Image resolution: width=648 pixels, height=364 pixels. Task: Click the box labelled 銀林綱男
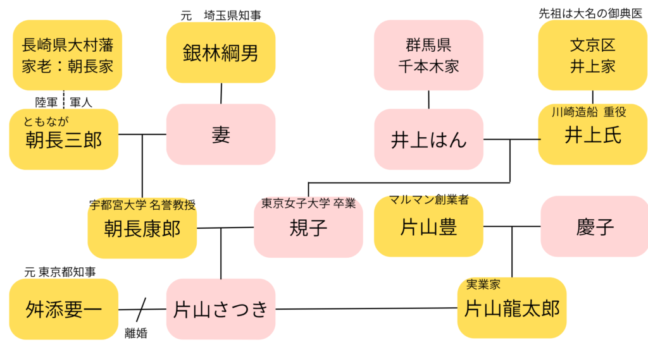tap(220, 52)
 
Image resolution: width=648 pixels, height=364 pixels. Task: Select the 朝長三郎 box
tap(63, 139)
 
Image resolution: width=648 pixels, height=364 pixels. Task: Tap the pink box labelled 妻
tap(220, 135)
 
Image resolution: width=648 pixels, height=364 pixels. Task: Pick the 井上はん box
tap(428, 140)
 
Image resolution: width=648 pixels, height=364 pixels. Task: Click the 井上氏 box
tap(592, 135)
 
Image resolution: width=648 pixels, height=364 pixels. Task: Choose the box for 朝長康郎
tap(142, 228)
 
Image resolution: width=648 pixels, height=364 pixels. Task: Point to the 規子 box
tap(308, 228)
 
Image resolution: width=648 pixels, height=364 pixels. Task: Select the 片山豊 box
tap(428, 227)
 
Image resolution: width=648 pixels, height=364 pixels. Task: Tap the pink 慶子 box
tap(594, 227)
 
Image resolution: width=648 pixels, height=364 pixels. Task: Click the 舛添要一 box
tap(63, 310)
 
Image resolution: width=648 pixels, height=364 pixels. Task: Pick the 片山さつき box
tap(220, 310)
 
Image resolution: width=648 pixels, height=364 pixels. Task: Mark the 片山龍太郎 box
tap(511, 308)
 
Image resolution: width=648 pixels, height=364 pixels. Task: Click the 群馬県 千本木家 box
tap(428, 55)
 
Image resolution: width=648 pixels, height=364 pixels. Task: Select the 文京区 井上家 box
tap(592, 55)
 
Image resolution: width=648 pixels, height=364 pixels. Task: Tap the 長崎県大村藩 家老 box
tap(67, 55)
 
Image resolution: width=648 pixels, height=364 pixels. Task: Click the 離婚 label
tap(135, 334)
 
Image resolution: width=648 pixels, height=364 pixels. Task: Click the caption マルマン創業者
tap(428, 200)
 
